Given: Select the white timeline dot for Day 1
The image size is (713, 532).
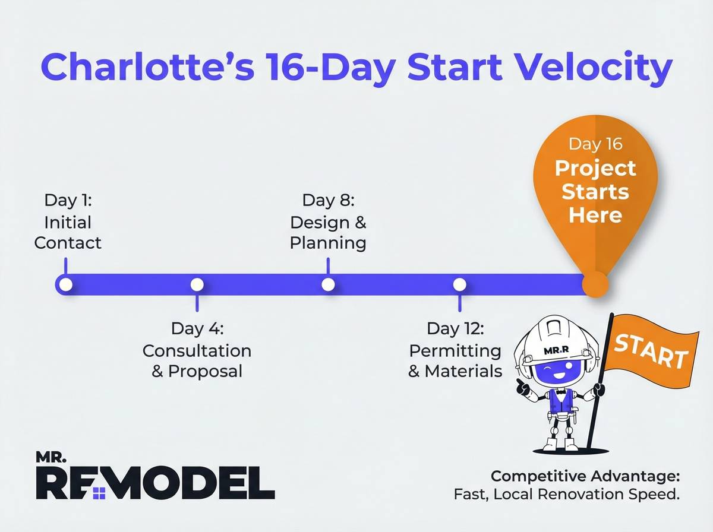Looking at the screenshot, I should [x=66, y=284].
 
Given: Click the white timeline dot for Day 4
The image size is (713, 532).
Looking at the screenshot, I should [x=197, y=284].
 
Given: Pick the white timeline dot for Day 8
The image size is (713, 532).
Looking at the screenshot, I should [x=328, y=284].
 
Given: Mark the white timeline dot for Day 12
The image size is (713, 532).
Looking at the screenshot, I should [x=459, y=284].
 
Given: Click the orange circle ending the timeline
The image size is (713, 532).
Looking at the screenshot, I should [x=595, y=284].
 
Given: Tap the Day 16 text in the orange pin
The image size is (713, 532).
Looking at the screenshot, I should [x=595, y=144].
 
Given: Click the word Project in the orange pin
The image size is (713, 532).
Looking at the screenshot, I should [x=595, y=168].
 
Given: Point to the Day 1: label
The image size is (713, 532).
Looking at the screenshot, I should [x=68, y=199].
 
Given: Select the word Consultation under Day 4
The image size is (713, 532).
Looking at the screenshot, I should [x=197, y=350].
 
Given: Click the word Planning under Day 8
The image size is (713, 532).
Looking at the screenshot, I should [x=328, y=243].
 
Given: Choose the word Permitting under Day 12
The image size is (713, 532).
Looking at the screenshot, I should [x=455, y=350].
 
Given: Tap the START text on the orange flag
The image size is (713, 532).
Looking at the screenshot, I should [x=650, y=350].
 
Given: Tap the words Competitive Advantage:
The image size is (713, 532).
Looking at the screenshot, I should [x=585, y=476].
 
